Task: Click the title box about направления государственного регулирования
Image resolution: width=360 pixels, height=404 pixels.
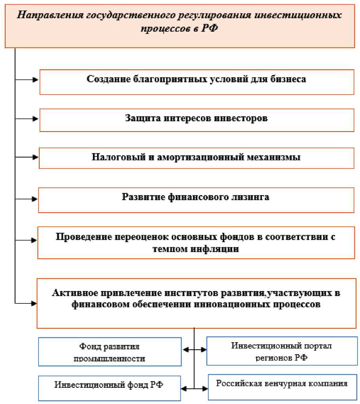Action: click(180, 24)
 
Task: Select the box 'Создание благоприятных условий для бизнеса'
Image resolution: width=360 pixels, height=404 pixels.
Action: click(196, 82)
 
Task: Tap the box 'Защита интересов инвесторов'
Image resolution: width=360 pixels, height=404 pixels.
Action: click(196, 119)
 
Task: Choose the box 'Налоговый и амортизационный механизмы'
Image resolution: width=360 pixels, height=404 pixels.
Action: click(196, 158)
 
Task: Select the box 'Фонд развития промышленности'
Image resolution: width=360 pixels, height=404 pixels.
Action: click(110, 352)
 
